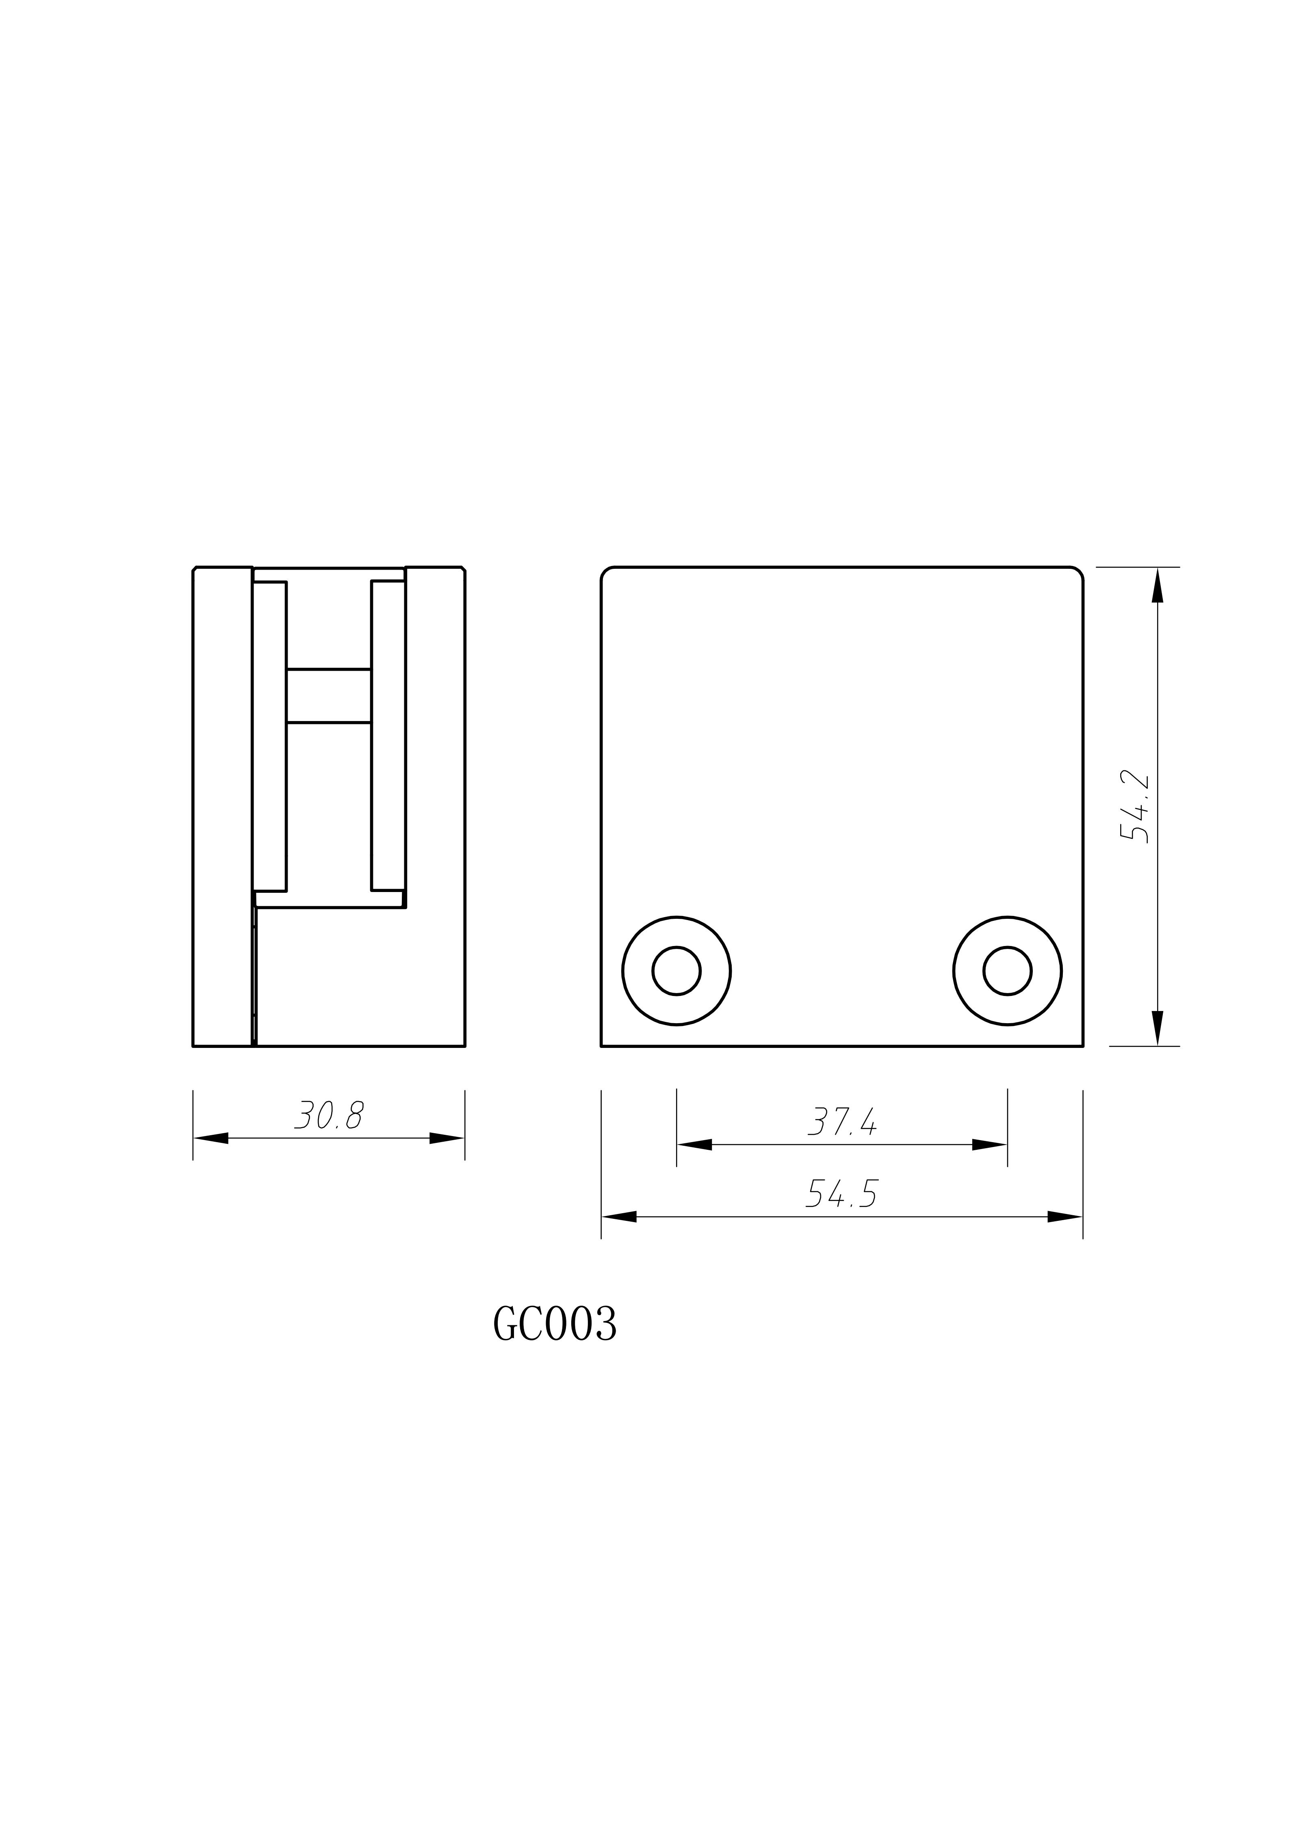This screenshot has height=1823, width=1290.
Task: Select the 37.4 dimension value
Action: (842, 1122)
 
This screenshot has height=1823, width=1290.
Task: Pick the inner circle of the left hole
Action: (676, 970)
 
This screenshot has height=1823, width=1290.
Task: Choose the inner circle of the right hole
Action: (1007, 970)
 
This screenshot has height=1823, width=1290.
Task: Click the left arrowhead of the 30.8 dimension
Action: (211, 1138)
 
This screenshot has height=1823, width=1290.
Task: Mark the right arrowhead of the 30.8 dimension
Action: (447, 1138)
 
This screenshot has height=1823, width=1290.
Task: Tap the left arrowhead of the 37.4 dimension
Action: (694, 1144)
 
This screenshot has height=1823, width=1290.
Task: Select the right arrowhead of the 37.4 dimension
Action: (990, 1144)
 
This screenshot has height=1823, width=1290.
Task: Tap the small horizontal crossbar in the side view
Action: (329, 696)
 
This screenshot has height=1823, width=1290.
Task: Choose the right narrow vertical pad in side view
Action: (388, 735)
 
